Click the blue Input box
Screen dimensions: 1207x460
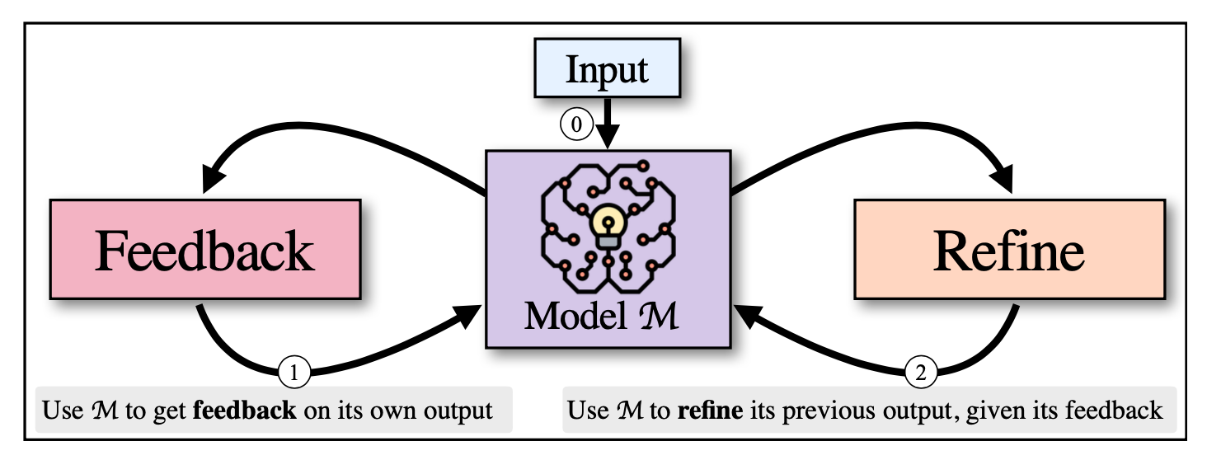pos(608,68)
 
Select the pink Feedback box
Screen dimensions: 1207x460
pos(205,250)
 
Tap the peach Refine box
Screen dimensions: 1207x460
pos(1009,250)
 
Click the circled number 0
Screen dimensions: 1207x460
pos(576,124)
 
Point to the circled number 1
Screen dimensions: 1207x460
pos(294,372)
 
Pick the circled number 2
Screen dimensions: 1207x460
pos(921,372)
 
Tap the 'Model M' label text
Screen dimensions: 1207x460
pos(602,317)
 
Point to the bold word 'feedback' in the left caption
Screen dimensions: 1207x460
pos(245,411)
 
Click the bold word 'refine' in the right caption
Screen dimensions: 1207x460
pos(710,411)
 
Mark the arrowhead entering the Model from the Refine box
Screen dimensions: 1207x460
pos(748,316)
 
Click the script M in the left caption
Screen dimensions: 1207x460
pos(105,411)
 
